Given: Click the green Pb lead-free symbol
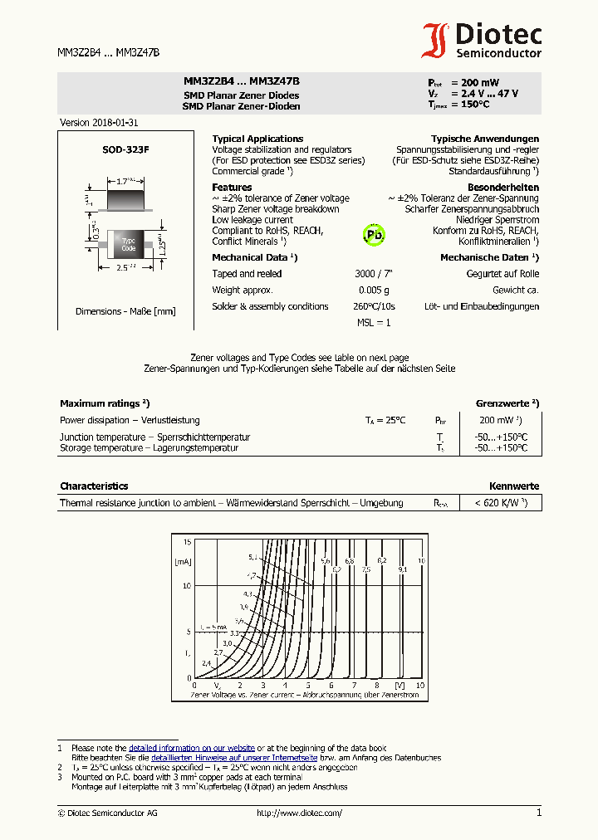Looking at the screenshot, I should click(x=374, y=235).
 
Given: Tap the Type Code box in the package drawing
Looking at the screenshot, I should click(x=128, y=245).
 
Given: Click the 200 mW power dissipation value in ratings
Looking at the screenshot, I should click(x=500, y=420).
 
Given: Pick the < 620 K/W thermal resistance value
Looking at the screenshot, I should click(x=501, y=503).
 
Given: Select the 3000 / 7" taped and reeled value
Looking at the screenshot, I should click(x=373, y=274).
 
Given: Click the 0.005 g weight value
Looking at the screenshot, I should click(x=373, y=291).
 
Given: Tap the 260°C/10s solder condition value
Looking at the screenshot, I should click(x=373, y=306).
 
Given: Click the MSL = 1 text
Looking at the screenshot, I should click(x=373, y=322).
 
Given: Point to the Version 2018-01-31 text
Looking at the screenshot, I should click(x=93, y=123).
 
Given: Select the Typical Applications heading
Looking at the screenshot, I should click(x=257, y=139).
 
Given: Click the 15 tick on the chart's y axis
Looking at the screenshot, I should click(x=187, y=542).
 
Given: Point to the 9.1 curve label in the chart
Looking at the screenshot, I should click(x=402, y=570).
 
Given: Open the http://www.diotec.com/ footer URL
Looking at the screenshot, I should click(x=299, y=813).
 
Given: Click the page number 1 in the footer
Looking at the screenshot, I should click(x=539, y=813).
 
